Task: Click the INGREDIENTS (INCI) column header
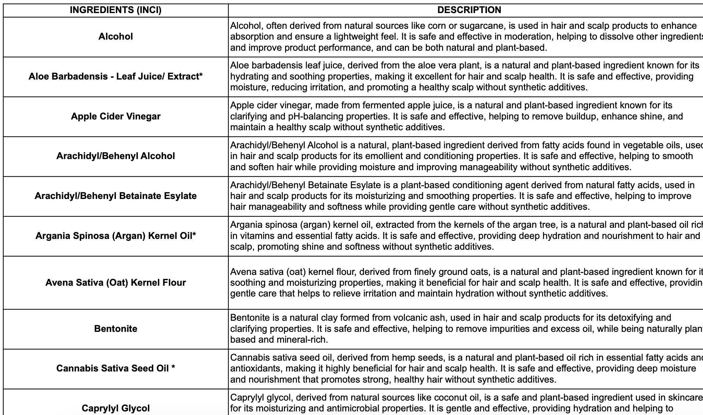(116, 10)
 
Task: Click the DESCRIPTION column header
(469, 10)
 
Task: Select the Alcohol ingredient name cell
(116, 37)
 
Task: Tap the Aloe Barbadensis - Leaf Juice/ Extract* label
(116, 77)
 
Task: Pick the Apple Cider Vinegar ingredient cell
(116, 117)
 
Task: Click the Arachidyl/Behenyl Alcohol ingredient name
(116, 156)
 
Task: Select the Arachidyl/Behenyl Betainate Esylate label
(116, 196)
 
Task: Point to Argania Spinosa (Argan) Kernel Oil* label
(116, 236)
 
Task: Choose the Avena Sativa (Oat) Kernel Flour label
(116, 283)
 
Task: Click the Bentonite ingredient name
(116, 329)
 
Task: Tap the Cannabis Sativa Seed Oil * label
(116, 369)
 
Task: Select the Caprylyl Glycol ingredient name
(116, 408)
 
